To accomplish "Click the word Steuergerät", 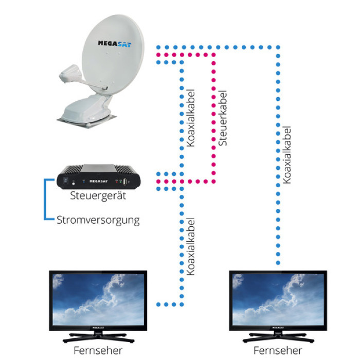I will point(98,196).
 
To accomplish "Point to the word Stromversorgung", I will point(98,221).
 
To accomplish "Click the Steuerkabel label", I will point(222,118).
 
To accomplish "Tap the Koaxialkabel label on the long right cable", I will point(288,154).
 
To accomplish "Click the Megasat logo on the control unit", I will point(98,182).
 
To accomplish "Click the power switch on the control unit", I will point(67,182).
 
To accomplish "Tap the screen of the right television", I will point(277,298).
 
